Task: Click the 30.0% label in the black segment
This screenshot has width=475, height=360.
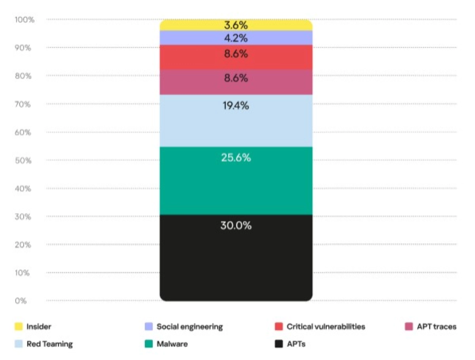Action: pyautogui.click(x=236, y=226)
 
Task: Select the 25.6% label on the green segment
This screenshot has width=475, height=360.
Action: pyautogui.click(x=236, y=158)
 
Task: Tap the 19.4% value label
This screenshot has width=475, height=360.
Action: pyautogui.click(x=236, y=106)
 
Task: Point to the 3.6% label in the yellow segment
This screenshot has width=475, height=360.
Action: pyautogui.click(x=236, y=26)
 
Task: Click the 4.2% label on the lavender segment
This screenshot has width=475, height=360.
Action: pyautogui.click(x=236, y=38)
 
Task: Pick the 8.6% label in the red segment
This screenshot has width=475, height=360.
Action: pyautogui.click(x=236, y=54)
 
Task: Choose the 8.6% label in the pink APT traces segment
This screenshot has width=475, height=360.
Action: pyautogui.click(x=236, y=78)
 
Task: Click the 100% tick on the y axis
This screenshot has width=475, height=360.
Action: pyautogui.click(x=25, y=20)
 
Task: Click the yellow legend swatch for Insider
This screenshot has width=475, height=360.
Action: pyautogui.click(x=18, y=327)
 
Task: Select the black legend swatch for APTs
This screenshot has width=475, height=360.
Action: pyautogui.click(x=279, y=344)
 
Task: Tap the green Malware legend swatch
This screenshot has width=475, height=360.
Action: pyautogui.click(x=149, y=344)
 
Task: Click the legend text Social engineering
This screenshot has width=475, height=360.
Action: pyautogui.click(x=190, y=327)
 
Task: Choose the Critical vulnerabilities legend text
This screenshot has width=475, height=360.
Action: pyautogui.click(x=326, y=327)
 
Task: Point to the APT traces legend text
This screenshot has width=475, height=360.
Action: pyautogui.click(x=436, y=327)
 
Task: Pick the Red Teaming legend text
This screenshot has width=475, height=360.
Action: pyautogui.click(x=49, y=344)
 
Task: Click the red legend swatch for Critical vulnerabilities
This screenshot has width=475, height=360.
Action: pyautogui.click(x=279, y=327)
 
